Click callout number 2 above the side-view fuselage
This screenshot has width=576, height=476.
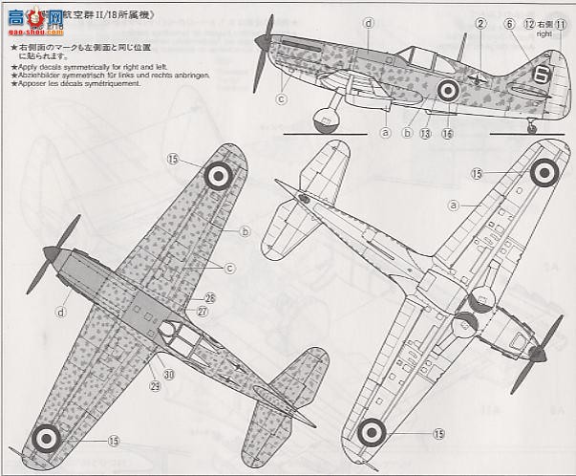pyautogui.click(x=481, y=24)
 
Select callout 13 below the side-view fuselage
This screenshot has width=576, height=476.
pyautogui.click(x=425, y=134)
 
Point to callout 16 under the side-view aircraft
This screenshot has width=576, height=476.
pyautogui.click(x=446, y=134)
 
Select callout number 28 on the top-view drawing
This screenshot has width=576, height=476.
pyautogui.click(x=209, y=299)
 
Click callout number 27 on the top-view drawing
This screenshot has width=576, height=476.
pyautogui.click(x=203, y=312)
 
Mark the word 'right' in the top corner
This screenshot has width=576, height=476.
pyautogui.click(x=544, y=32)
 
